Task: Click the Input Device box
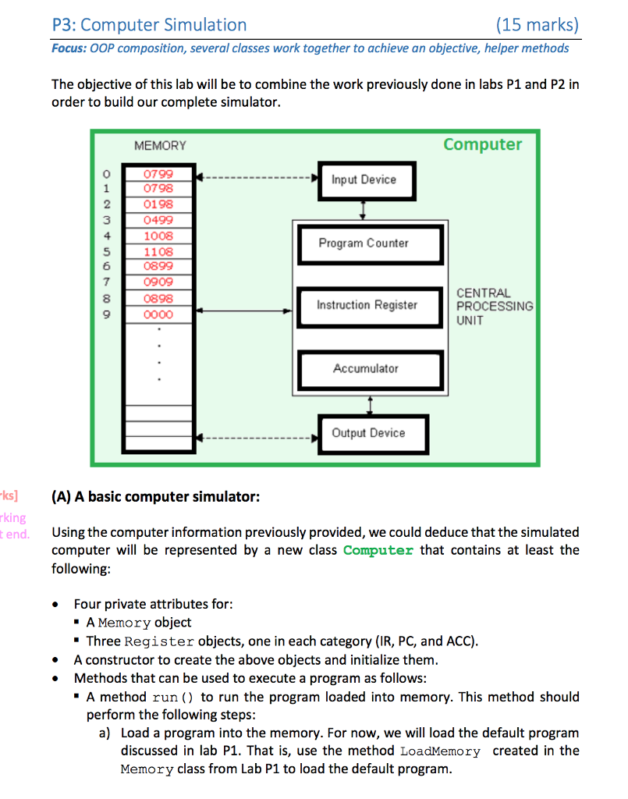(x=367, y=180)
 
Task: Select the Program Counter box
(x=367, y=243)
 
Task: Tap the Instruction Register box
(x=367, y=305)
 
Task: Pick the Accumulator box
(x=367, y=368)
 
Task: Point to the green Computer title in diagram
(x=482, y=144)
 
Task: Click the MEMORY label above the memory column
(x=160, y=146)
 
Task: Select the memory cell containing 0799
(x=158, y=173)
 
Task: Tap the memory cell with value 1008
(x=158, y=236)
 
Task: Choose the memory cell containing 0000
(x=158, y=314)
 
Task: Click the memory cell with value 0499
(x=158, y=220)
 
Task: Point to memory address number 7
(x=111, y=282)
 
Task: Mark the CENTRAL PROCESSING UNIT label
(x=495, y=307)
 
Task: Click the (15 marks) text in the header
(x=538, y=25)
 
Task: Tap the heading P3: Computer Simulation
(x=149, y=25)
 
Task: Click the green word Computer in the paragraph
(x=378, y=551)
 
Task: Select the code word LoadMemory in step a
(x=440, y=751)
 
